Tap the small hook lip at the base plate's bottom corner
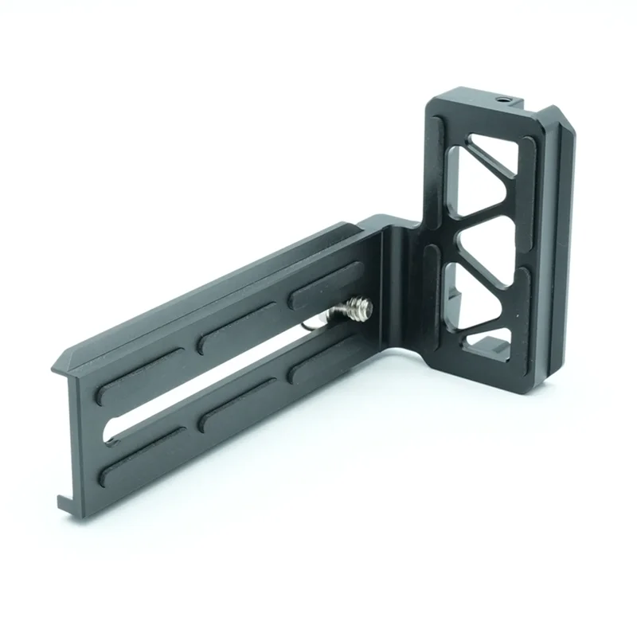click(x=64, y=500)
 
